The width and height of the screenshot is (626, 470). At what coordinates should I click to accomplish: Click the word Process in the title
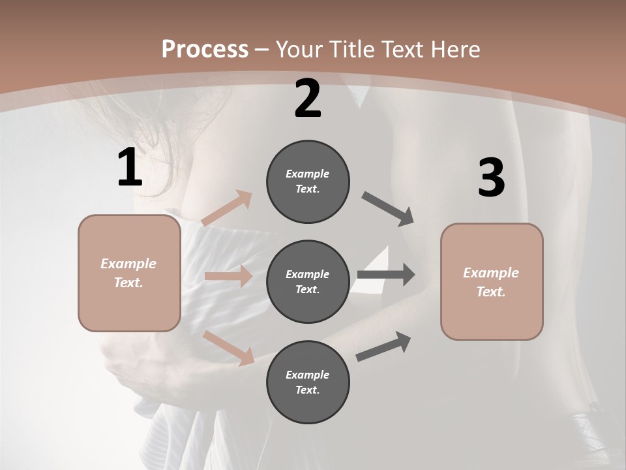pyautogui.click(x=205, y=50)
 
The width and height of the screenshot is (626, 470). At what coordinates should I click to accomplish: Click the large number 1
pyautogui.click(x=130, y=168)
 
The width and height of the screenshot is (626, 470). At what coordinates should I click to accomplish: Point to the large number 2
pyautogui.click(x=308, y=99)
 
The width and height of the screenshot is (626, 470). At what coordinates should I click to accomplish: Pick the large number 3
pyautogui.click(x=491, y=178)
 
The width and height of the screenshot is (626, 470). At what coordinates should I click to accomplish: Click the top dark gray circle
pyautogui.click(x=308, y=181)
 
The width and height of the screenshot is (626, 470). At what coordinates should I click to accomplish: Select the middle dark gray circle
pyautogui.click(x=308, y=281)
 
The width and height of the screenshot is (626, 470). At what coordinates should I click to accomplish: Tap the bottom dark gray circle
pyautogui.click(x=308, y=382)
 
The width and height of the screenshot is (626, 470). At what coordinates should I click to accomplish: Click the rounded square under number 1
pyautogui.click(x=129, y=273)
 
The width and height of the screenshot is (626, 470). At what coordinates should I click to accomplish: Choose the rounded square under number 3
pyautogui.click(x=492, y=282)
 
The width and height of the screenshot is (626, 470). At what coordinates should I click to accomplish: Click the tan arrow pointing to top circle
pyautogui.click(x=227, y=208)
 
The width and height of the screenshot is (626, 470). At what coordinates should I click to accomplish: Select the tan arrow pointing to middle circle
pyautogui.click(x=228, y=276)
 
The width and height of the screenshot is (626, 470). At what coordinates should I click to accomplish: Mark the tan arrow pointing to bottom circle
pyautogui.click(x=229, y=347)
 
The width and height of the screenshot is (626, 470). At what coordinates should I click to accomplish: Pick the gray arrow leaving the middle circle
pyautogui.click(x=386, y=275)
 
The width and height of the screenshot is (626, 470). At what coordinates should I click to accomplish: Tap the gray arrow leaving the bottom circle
pyautogui.click(x=384, y=346)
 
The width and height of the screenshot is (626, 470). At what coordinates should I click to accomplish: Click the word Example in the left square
pyautogui.click(x=128, y=264)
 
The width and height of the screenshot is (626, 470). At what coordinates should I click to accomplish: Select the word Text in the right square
pyautogui.click(x=490, y=292)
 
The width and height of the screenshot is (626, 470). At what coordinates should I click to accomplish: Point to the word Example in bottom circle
pyautogui.click(x=307, y=375)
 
